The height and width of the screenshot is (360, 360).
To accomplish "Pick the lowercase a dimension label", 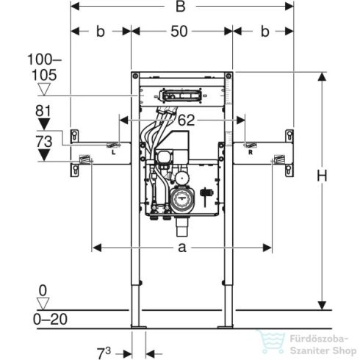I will [x=181, y=248].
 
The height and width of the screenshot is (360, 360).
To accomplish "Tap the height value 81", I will [x=43, y=111].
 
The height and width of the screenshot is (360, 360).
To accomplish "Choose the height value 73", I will [x=43, y=140].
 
